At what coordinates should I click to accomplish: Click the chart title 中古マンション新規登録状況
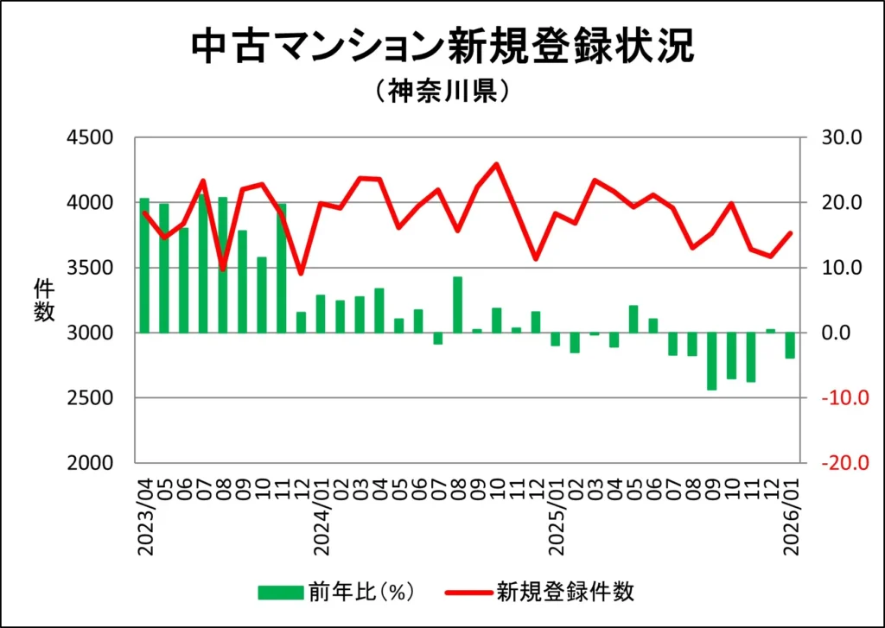[442, 48]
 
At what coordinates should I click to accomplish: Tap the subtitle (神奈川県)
[442, 92]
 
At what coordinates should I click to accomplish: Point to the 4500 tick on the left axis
[90, 138]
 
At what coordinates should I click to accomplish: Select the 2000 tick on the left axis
[90, 463]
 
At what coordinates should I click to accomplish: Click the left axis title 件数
[44, 300]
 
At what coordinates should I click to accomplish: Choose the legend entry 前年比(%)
[337, 592]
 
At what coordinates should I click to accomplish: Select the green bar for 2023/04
[144, 265]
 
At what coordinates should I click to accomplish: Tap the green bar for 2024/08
[458, 304]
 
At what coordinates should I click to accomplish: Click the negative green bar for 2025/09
[711, 361]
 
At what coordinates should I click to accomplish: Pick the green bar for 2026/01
[790, 346]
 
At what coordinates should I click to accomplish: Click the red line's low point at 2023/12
[301, 274]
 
